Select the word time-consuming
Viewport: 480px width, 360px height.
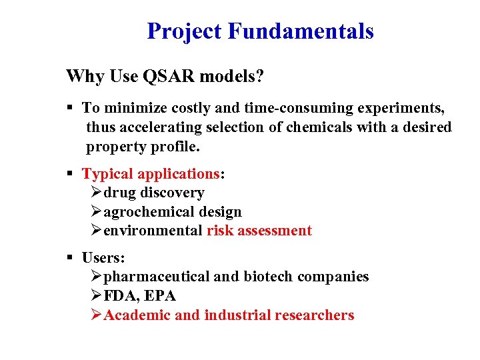(x=303, y=108)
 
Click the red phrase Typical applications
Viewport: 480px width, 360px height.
(x=151, y=174)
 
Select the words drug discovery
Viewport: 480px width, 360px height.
(x=154, y=193)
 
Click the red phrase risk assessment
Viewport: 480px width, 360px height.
(x=259, y=231)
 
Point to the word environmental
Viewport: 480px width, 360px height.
(x=153, y=231)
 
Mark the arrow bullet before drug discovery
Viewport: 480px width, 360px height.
(x=96, y=193)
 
